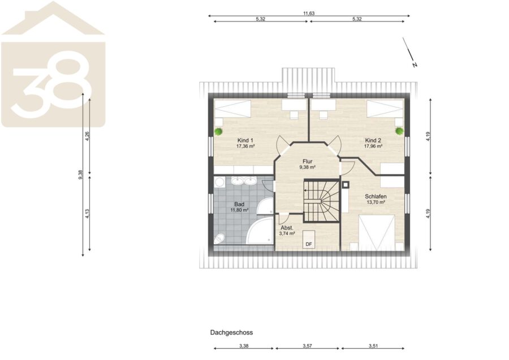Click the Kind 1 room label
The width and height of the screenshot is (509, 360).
(245, 140)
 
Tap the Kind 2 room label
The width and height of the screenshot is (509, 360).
(373, 140)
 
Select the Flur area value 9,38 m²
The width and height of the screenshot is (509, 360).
(308, 167)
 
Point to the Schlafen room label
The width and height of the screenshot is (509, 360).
(376, 197)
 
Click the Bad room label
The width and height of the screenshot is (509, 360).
(239, 205)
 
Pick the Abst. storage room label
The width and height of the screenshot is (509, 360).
(287, 228)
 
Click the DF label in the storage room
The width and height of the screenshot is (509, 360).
(309, 244)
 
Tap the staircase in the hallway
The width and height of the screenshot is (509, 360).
(321, 201)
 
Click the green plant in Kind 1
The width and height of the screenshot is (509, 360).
(218, 131)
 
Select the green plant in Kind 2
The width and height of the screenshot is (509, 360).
(399, 131)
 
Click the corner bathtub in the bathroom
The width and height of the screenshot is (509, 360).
(260, 231)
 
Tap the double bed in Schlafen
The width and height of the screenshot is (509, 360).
(377, 232)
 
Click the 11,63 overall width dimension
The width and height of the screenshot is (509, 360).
(309, 14)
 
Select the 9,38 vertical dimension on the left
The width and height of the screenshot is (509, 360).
(80, 175)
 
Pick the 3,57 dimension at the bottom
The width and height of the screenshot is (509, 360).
(307, 346)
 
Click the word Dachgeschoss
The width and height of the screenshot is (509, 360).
(231, 332)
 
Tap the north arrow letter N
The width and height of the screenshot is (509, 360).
(415, 65)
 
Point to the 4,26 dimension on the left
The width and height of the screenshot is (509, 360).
(87, 136)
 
